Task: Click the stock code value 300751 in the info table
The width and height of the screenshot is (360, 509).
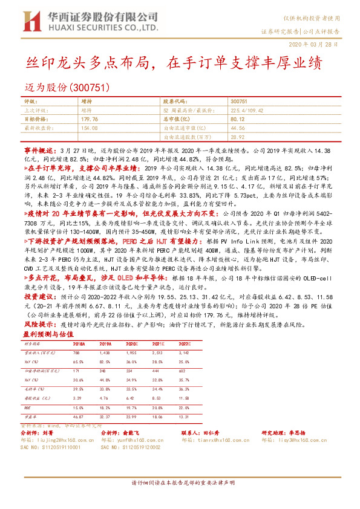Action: [x=240, y=102]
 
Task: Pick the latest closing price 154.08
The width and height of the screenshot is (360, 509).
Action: [x=89, y=129]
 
